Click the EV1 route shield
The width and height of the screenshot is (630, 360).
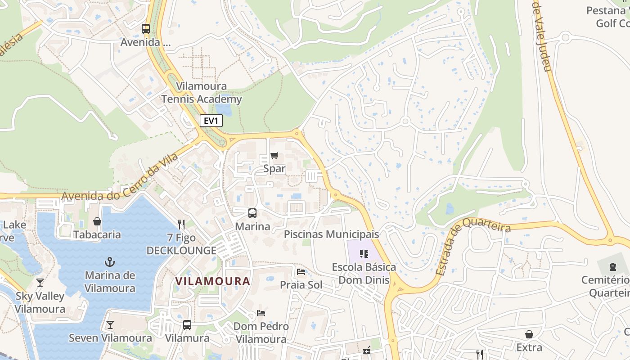click(211, 121)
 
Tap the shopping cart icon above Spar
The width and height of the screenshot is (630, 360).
click(274, 156)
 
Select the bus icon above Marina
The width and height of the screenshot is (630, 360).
click(252, 213)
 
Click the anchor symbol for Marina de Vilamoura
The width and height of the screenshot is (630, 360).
click(110, 262)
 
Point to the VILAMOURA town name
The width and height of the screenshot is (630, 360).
click(212, 281)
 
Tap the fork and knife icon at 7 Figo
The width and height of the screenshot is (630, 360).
click(181, 225)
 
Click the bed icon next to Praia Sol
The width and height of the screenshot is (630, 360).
click(301, 272)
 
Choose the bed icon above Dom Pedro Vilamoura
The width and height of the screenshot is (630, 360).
click(261, 313)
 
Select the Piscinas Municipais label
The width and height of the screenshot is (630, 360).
click(331, 234)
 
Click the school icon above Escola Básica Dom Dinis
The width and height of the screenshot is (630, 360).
click(364, 254)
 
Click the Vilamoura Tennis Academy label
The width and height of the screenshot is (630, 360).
click(202, 93)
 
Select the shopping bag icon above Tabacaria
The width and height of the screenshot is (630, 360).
click(97, 221)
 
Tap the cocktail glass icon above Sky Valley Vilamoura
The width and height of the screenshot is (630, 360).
click(40, 283)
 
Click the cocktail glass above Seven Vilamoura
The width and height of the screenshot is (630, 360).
click(110, 325)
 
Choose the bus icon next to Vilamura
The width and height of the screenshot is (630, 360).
click(187, 324)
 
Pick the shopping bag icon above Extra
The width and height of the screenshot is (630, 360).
click(529, 334)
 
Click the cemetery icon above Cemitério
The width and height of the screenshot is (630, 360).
click(612, 267)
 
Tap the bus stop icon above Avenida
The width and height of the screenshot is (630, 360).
click(146, 29)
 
